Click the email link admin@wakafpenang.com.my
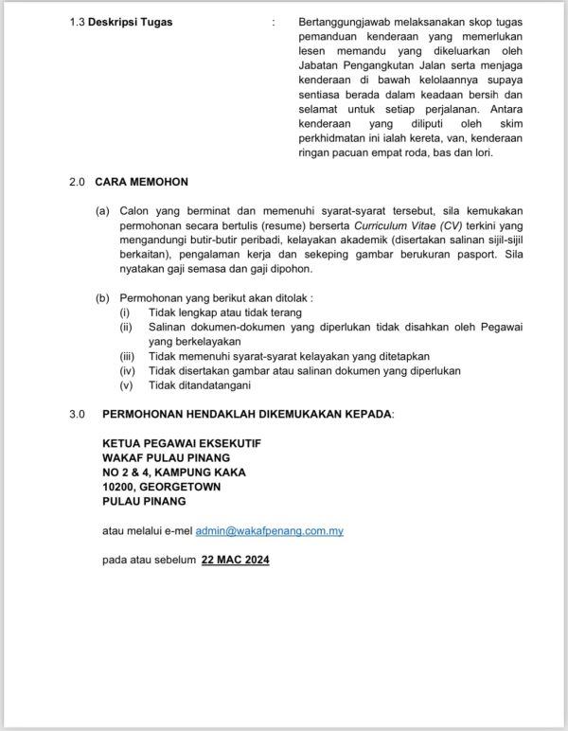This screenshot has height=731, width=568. pos(270,531)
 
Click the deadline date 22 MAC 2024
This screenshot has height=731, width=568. pos(236,561)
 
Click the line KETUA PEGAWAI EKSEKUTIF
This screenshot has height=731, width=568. pos(181,443)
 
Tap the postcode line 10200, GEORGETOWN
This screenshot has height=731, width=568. pos(161,487)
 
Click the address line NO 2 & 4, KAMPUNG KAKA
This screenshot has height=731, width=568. pos(173,472)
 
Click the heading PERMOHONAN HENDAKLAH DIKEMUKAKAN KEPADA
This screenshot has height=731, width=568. pos(247,414)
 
